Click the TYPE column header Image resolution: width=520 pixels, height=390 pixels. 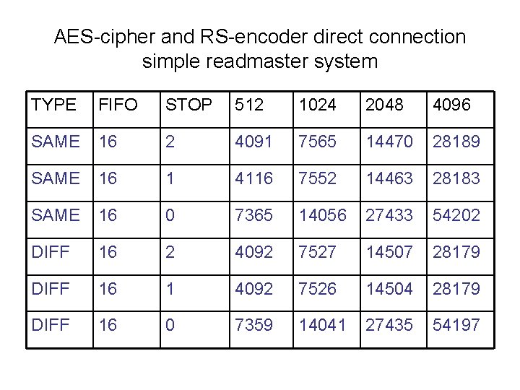coord(53,105)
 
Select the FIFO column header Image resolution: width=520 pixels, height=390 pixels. coord(118,105)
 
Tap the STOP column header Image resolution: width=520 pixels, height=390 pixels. coord(189,105)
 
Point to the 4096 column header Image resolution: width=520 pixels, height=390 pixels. coord(452,105)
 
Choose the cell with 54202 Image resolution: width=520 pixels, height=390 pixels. coord(456,215)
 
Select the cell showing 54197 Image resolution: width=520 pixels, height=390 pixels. coord(456,326)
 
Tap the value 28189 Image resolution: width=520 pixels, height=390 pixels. coord(456,142)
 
